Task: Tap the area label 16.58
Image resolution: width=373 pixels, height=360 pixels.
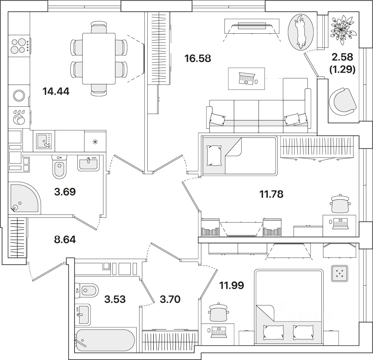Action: (198, 58)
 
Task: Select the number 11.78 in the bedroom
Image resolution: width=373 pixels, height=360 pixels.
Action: (271, 194)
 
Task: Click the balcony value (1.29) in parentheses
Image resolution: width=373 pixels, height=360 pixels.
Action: (342, 70)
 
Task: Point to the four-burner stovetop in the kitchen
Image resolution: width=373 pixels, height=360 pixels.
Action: (18, 45)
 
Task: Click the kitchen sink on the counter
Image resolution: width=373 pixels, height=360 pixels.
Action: (43, 141)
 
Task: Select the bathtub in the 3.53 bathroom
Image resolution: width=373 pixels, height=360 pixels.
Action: (105, 340)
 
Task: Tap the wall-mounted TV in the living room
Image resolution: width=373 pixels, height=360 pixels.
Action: (252, 26)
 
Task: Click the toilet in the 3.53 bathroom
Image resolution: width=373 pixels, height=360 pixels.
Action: (88, 290)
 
